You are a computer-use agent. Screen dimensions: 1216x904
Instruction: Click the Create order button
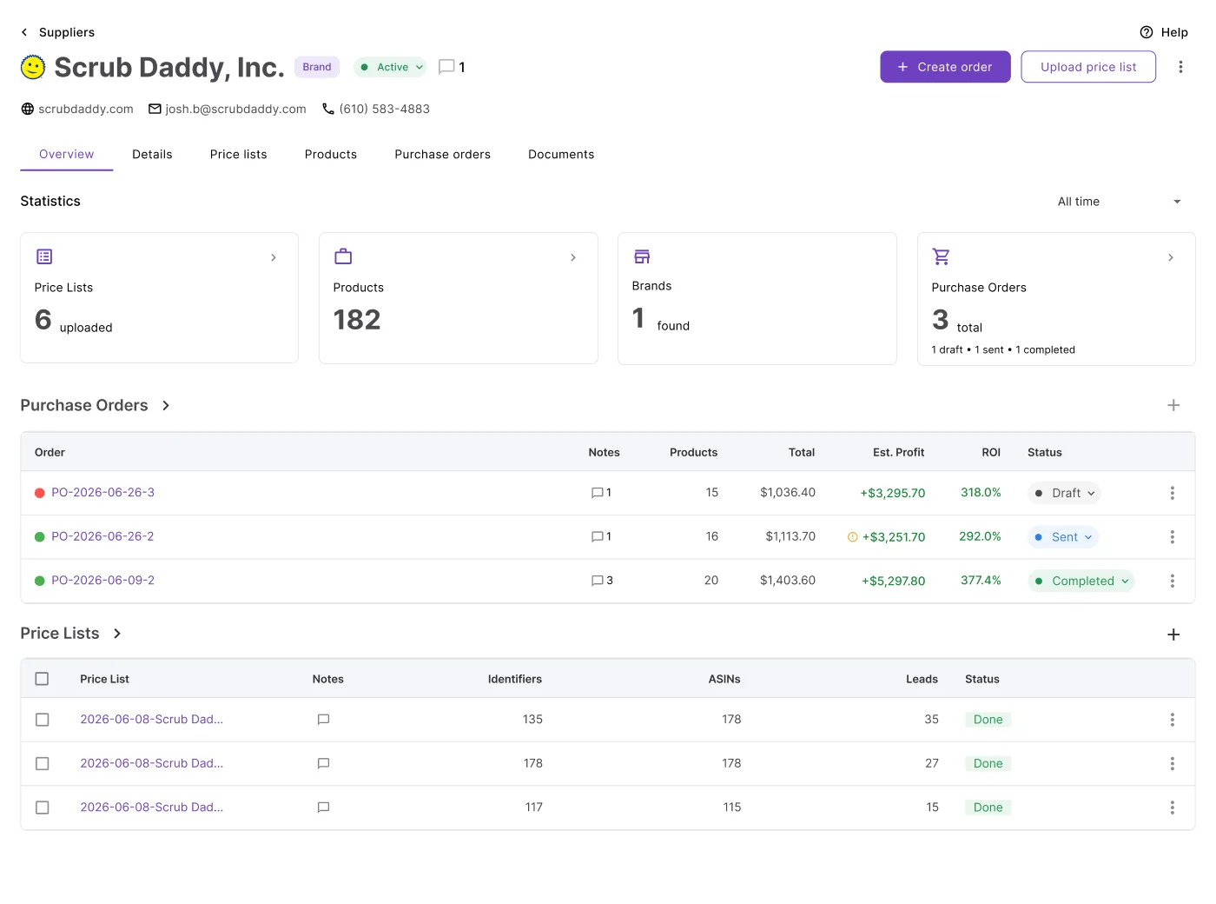click(x=945, y=67)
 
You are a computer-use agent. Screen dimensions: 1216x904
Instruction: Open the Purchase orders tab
click(x=442, y=154)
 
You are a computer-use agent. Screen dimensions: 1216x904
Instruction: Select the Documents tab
click(x=561, y=154)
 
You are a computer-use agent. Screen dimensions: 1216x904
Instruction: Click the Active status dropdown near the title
click(x=390, y=67)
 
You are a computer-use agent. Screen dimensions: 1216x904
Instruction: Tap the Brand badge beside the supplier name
click(x=317, y=67)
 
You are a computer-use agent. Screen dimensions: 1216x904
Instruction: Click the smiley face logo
click(x=33, y=67)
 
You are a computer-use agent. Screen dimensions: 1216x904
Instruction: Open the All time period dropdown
click(x=1119, y=202)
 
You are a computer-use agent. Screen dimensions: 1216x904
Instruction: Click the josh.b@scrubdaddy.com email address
click(x=235, y=109)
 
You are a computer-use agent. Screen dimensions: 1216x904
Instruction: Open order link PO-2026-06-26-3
click(x=103, y=492)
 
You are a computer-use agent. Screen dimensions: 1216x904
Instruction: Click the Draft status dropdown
click(x=1064, y=493)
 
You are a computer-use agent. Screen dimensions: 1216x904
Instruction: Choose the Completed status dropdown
click(x=1081, y=581)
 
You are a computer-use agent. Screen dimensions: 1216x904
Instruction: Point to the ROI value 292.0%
click(x=980, y=536)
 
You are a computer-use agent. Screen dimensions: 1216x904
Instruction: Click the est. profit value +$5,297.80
click(x=893, y=581)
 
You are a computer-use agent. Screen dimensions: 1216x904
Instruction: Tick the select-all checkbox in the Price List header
click(x=42, y=679)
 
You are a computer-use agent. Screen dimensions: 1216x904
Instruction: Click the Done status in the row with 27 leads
click(x=988, y=763)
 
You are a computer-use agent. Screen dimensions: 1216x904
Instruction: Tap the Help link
click(x=1163, y=32)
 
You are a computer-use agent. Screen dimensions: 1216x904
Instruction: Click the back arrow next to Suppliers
click(x=24, y=32)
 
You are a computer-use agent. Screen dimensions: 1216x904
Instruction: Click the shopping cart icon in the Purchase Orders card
click(x=941, y=256)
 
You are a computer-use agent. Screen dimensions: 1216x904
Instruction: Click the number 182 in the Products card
click(x=357, y=320)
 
